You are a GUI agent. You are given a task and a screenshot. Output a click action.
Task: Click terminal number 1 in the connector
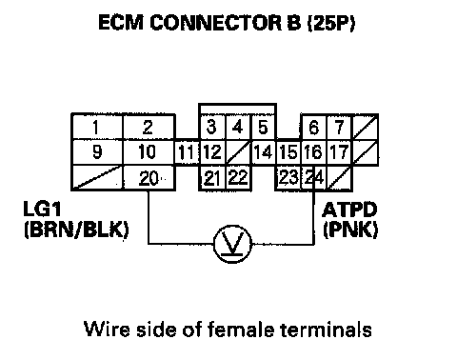coord(97,127)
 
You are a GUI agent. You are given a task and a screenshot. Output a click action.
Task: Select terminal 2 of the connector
coord(149,127)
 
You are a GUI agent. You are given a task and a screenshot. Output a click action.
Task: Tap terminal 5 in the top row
coord(264,127)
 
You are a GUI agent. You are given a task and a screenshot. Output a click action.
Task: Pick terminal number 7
coord(340,127)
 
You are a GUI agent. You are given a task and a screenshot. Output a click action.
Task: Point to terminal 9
coord(97,152)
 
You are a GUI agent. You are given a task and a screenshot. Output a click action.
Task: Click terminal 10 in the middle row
coord(149,152)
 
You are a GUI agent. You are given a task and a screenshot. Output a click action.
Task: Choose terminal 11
coord(187,152)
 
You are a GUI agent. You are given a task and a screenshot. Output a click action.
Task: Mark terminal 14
coord(264,152)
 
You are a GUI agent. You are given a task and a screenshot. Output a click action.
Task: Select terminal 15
coord(288,152)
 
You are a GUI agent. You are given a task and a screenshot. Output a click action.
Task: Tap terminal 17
coord(340,152)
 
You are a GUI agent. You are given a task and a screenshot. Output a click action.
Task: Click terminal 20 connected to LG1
coord(149,178)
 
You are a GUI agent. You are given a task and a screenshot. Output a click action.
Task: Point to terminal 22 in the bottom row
coord(238,178)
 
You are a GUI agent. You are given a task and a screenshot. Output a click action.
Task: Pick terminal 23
coord(288,178)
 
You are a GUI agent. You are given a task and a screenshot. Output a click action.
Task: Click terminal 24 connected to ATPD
coord(313,178)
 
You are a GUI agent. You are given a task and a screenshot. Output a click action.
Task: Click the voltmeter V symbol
coord(232,244)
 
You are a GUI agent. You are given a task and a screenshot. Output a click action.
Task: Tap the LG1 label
coord(42,209)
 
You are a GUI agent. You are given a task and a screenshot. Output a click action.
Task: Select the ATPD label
coord(349,210)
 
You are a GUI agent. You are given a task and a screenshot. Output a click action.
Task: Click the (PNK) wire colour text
coord(350,230)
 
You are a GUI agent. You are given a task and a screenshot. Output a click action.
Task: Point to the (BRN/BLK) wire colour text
coord(76,230)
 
